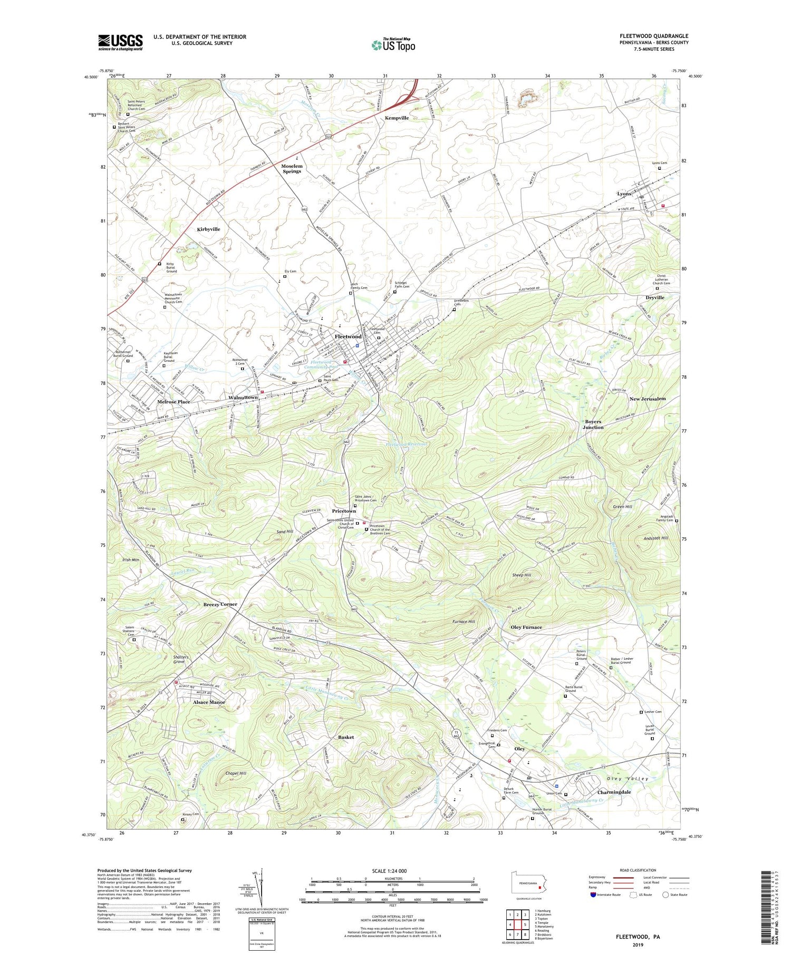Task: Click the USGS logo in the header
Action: pos(120,42)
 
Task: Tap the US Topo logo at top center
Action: pos(393,45)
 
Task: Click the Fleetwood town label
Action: pos(349,336)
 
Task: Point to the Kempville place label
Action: pos(397,118)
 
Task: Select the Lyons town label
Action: pos(624,194)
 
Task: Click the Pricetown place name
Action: pos(344,511)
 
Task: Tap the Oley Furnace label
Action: pos(526,627)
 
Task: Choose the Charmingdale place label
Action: pos(614,792)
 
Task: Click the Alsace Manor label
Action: pos(209,702)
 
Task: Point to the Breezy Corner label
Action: pos(220,604)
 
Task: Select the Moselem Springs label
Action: pos(292,169)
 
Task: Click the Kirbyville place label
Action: pos(208,229)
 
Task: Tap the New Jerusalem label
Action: pos(648,399)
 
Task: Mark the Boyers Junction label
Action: pos(593,424)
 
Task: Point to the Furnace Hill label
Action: pos(464,622)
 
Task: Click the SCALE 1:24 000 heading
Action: pos(390,871)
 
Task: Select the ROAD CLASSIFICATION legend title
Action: pos(638,870)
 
